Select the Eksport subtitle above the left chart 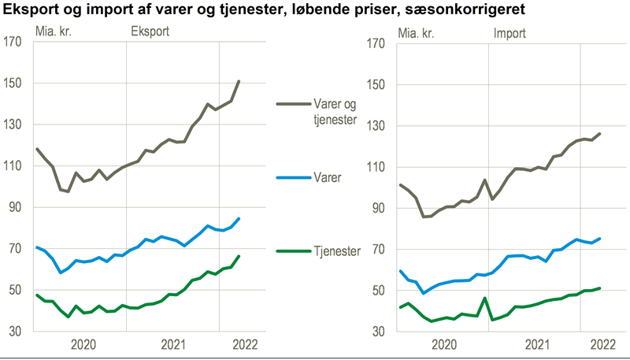(x=149, y=33)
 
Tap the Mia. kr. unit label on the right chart (x=417, y=33)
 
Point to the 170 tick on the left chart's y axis (x=13, y=42)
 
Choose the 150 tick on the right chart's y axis (x=376, y=84)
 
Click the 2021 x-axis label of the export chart (x=173, y=344)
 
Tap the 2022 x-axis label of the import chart (x=602, y=344)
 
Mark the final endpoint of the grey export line (x=239, y=81)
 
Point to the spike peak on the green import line (x=485, y=298)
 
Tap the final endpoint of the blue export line (x=239, y=219)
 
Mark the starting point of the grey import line (x=400, y=185)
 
